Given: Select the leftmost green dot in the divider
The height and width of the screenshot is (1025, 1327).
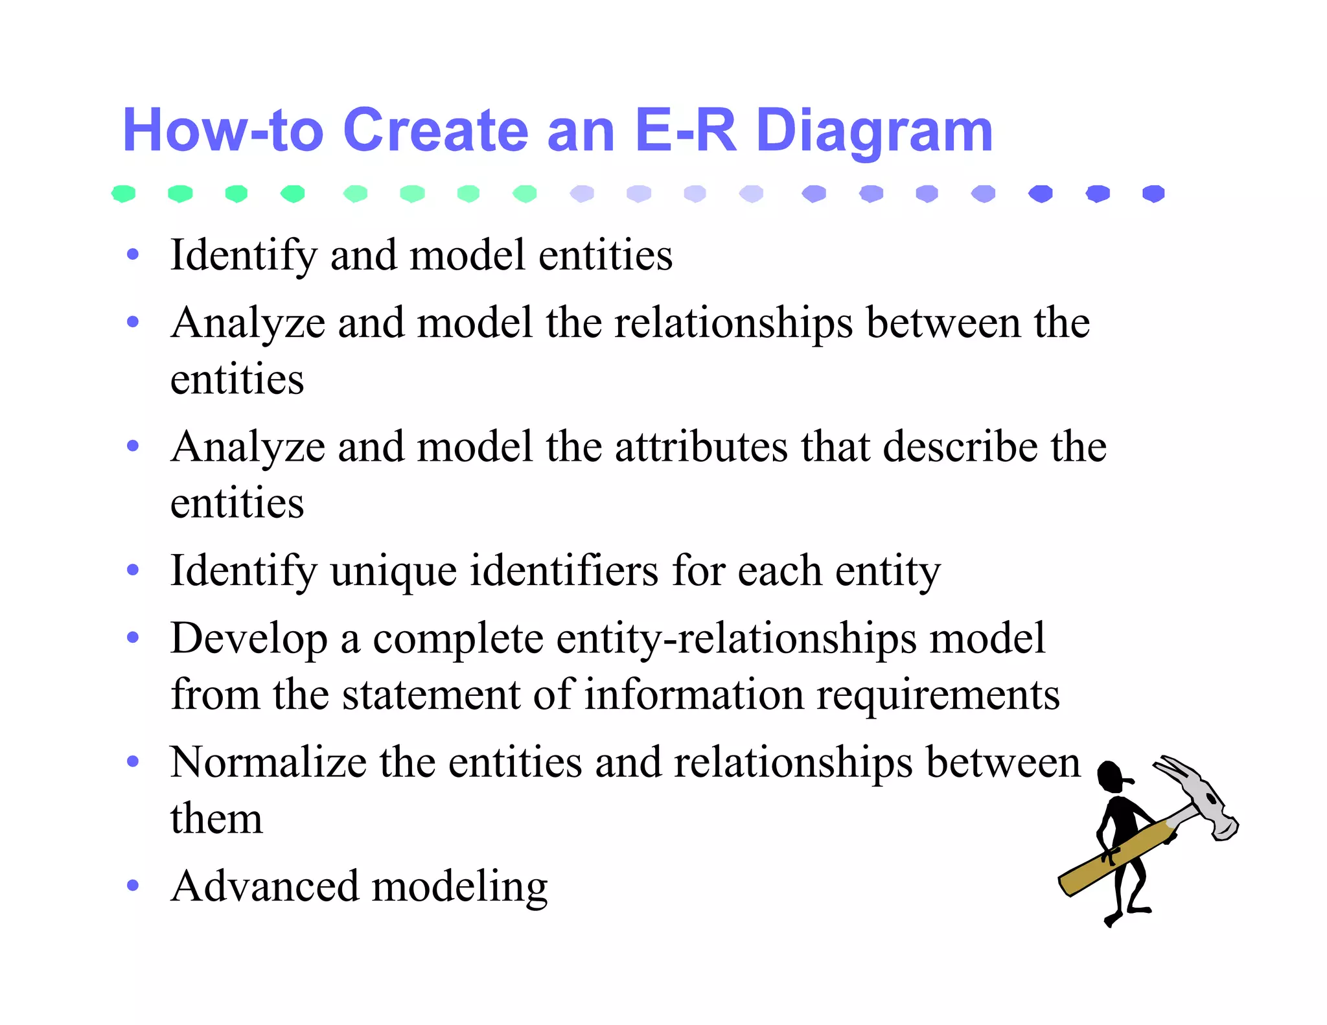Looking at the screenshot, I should point(123,193).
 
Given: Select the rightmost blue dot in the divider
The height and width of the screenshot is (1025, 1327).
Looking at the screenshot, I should point(1153,193).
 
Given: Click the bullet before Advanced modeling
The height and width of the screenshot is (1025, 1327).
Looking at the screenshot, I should point(133,885).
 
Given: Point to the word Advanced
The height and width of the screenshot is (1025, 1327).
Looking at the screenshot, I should point(264,886).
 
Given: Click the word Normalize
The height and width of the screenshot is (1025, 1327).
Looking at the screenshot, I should point(268,763).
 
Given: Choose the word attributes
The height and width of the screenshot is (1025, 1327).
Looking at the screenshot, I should point(700,448).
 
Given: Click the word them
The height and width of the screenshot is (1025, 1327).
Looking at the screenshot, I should point(216,818).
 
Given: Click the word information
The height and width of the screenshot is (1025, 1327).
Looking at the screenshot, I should point(693,695).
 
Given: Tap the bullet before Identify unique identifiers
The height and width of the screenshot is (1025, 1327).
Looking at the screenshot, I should point(133,570).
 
